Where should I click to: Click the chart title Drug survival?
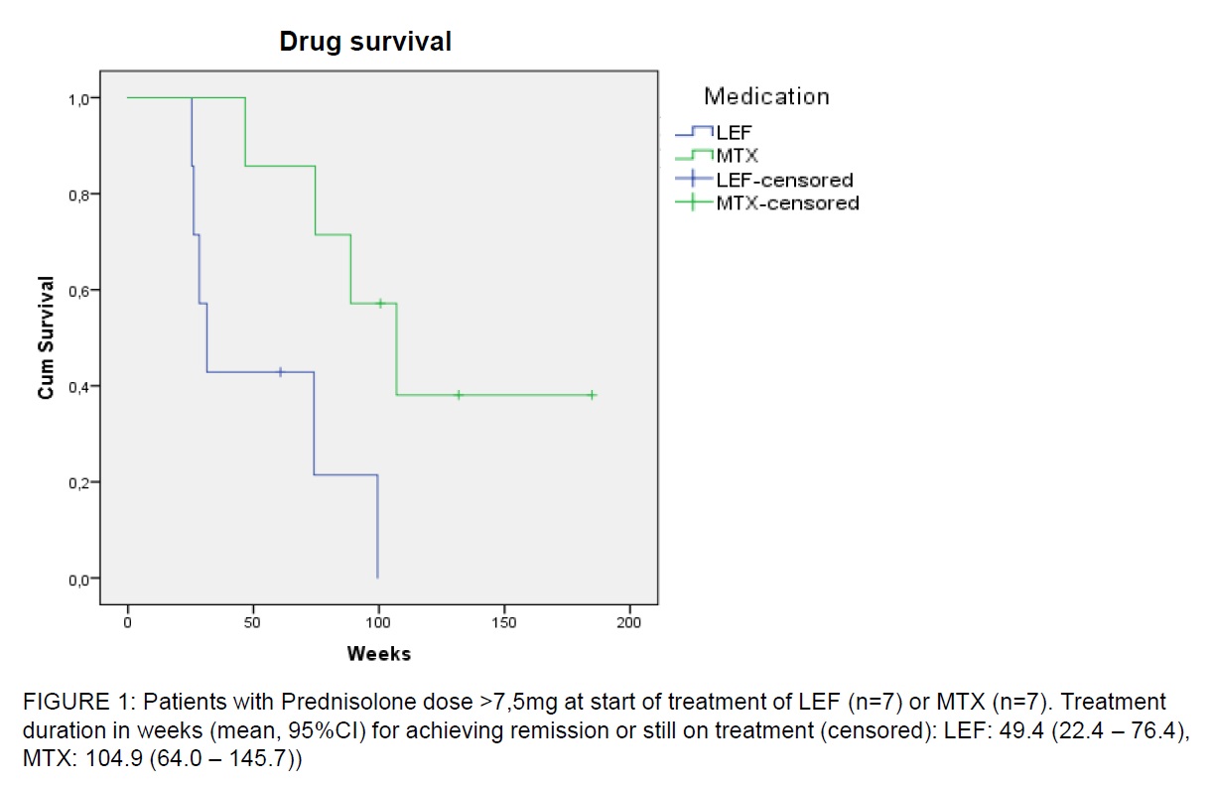[x=364, y=42]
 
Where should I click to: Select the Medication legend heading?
[x=766, y=96]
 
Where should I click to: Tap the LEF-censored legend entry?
[x=784, y=180]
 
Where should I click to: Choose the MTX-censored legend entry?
[x=787, y=203]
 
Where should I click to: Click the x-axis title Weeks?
[x=378, y=654]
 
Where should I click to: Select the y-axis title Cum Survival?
[x=46, y=338]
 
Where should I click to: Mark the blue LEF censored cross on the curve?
[x=280, y=372]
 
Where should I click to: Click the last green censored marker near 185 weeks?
[x=592, y=395]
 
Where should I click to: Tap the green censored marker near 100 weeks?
[x=379, y=303]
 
